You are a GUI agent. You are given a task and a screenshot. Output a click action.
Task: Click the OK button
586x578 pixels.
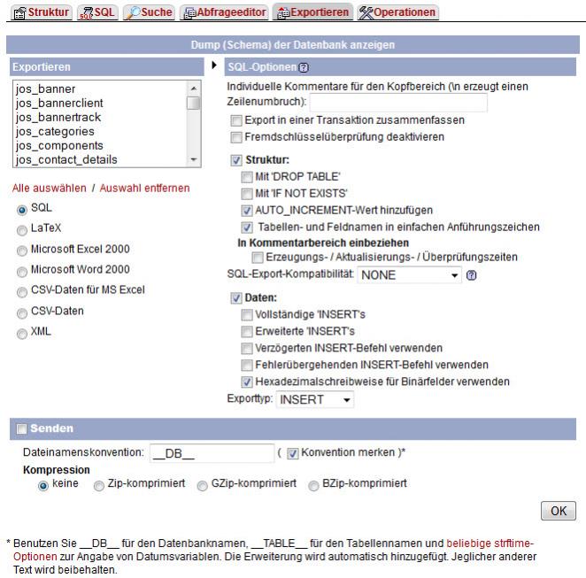558,512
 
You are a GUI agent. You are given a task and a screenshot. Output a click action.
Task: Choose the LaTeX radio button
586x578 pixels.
21,228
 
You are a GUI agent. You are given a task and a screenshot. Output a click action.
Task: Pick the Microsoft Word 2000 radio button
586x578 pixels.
21,271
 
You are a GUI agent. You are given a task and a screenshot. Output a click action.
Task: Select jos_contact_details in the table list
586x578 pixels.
66,159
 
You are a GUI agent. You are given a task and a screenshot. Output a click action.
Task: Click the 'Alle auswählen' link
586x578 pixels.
49,189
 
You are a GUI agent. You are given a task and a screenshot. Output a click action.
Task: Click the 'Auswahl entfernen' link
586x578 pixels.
143,189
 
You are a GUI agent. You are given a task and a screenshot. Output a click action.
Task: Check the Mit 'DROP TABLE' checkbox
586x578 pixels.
247,177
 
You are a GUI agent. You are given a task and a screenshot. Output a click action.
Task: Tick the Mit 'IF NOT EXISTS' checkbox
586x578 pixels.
247,194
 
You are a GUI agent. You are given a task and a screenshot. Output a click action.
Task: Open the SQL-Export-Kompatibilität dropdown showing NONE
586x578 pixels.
410,275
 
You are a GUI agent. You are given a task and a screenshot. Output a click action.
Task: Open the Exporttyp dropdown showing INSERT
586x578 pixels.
315,400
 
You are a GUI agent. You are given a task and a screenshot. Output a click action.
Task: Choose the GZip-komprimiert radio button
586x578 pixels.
203,485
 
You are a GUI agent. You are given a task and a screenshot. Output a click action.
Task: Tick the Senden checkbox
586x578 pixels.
20,428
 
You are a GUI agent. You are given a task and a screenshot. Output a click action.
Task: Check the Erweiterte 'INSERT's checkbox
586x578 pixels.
247,332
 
